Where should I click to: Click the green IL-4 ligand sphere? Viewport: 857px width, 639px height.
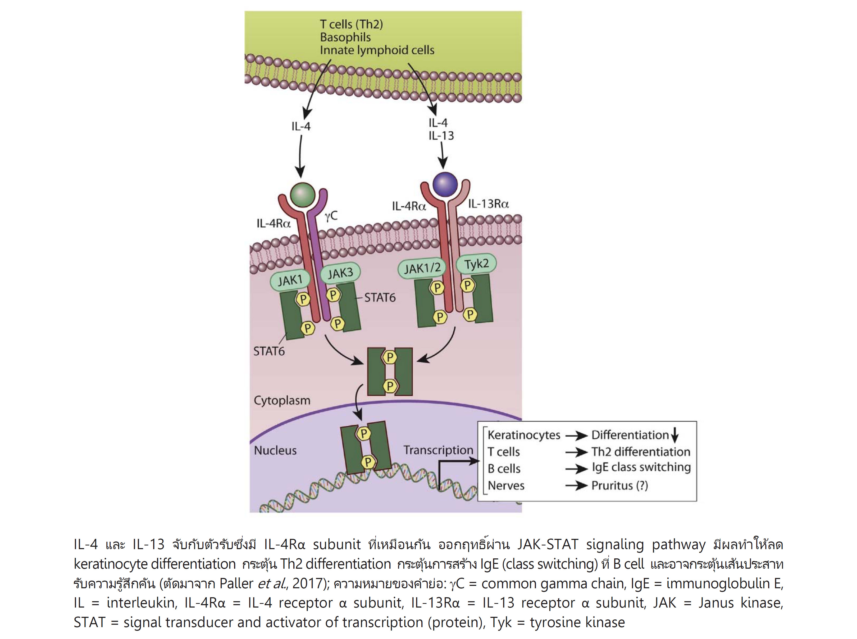302,195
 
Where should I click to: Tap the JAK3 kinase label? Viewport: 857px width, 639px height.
340,273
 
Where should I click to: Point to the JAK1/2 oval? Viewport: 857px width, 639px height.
422,268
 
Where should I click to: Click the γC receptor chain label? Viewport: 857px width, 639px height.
331,216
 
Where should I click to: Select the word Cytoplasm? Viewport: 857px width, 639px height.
282,400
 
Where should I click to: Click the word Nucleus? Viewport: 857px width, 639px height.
275,450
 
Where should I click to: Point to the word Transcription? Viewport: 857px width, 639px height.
438,450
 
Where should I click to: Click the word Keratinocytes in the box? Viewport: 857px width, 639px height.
524,435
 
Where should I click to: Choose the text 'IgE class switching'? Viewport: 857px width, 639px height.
641,467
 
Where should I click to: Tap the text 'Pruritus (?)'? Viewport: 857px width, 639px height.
619,485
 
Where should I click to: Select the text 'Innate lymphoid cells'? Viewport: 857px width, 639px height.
377,50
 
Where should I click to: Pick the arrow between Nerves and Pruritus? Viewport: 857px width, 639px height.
576,486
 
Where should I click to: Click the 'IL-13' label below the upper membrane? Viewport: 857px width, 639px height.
441,136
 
